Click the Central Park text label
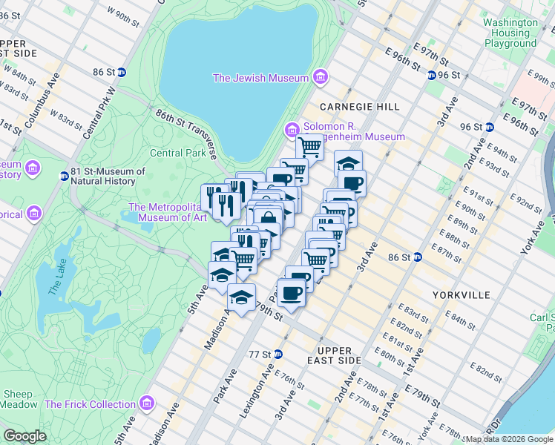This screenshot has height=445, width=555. click(177, 153)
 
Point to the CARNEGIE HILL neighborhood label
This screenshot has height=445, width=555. click(360, 107)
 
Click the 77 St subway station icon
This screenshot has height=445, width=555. click(278, 354)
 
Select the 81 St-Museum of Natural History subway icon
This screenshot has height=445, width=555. click(65, 176)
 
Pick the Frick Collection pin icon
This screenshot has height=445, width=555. click(147, 404)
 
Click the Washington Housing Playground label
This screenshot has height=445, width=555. click(510, 33)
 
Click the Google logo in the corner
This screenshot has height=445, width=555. click(24, 436)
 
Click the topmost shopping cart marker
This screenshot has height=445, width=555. click(309, 146)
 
